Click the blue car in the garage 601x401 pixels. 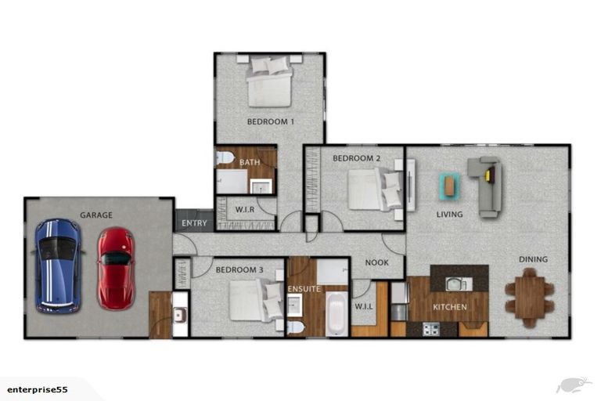click(58, 265)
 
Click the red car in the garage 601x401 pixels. click(116, 268)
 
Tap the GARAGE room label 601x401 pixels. click(96, 215)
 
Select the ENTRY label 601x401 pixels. click(194, 223)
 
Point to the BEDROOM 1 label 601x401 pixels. click(270, 121)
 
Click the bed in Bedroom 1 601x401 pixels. click(270, 82)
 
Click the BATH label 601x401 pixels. click(250, 163)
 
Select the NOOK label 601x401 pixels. click(376, 263)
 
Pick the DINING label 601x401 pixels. click(533, 259)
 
